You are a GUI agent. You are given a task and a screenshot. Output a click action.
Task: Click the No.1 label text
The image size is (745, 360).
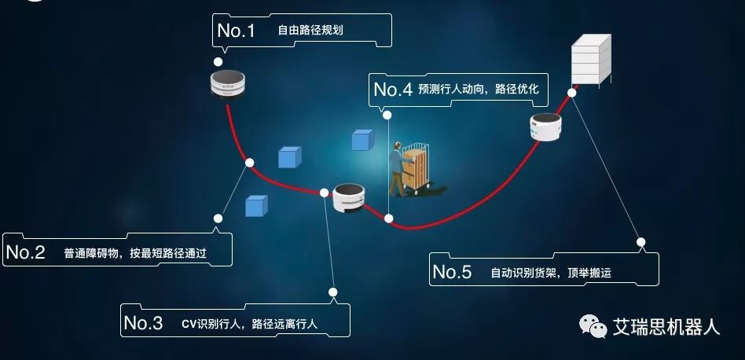tap(237, 31)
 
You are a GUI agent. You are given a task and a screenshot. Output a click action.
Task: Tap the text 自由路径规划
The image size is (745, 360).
tap(310, 31)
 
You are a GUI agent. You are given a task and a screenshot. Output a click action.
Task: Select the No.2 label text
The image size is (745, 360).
tap(25, 252)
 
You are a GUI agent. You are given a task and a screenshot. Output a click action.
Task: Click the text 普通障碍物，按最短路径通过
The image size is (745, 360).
tap(135, 253)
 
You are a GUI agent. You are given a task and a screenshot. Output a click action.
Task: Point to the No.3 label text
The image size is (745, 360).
tap(143, 322)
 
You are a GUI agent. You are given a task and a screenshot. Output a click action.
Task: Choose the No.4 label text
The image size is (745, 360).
tap(393, 90)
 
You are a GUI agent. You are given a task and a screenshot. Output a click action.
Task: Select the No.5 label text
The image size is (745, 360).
tap(452, 273)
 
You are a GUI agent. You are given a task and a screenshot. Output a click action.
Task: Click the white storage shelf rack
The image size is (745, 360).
tap(591, 61)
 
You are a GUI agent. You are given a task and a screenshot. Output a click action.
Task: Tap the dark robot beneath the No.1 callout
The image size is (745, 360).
tap(229, 83)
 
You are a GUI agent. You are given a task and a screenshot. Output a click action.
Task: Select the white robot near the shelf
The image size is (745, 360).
tap(546, 128)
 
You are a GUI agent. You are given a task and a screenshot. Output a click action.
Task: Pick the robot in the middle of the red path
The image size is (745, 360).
tap(348, 197)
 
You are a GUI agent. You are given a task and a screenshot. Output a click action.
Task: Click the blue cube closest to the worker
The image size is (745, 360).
tap(361, 141)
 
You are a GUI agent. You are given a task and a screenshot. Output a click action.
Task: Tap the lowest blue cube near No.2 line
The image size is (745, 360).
tap(255, 206)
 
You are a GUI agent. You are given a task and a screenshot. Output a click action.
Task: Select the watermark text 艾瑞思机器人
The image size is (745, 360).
tap(666, 327)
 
